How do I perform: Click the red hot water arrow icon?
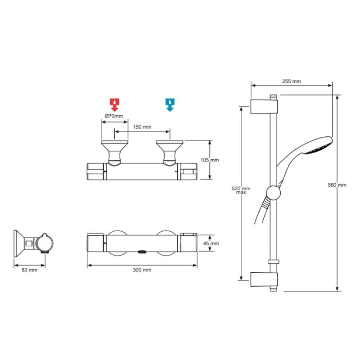click(x=115, y=104)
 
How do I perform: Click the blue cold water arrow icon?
click(x=170, y=104)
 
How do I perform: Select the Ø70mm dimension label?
click(x=113, y=116)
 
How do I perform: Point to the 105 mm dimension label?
click(x=210, y=160)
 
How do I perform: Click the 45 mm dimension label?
click(x=211, y=243)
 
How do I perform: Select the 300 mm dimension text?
click(x=142, y=270)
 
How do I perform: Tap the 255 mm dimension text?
click(x=291, y=81)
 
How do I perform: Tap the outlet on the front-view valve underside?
click(x=141, y=251)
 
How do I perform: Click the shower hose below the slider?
click(x=262, y=211)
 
